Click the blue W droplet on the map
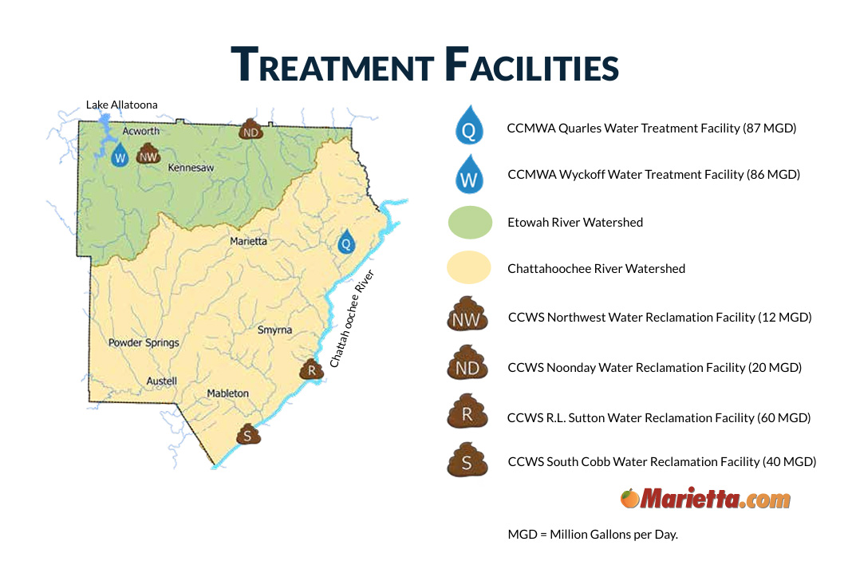point(120,156)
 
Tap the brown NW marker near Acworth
point(148,154)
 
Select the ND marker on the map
point(250,129)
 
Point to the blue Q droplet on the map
point(346,242)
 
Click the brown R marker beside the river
point(311,369)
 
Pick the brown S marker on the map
point(248,434)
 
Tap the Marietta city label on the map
point(248,241)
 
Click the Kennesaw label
point(191,168)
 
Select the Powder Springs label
point(144,343)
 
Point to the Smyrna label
point(274,330)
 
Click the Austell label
point(161,381)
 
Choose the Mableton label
point(227,393)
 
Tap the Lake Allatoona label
point(122,105)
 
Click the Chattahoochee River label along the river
point(352,318)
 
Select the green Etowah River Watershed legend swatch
point(470,223)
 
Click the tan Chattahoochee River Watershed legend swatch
point(469,267)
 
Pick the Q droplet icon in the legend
point(469,125)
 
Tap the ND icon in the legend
point(467,362)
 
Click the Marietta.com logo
point(705,498)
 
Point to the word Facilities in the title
point(532,65)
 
